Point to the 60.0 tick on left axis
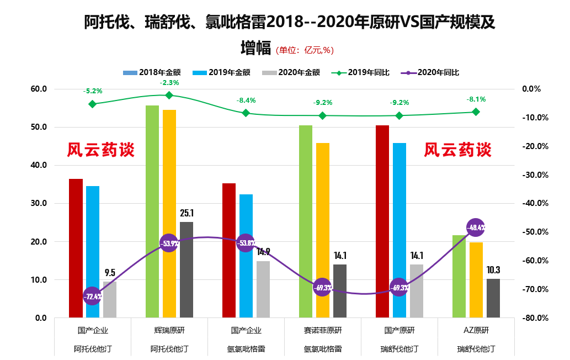pos(39,89)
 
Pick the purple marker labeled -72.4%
pos(92,297)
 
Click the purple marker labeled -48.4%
pos(476,227)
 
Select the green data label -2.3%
pos(169,83)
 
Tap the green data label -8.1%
pos(476,100)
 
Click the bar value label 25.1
pos(187,213)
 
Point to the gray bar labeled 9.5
pos(110,299)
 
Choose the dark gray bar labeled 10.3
pos(493,298)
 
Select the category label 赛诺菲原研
pos(323,331)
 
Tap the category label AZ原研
pos(476,331)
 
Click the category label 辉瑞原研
pos(169,331)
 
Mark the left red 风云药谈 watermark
pos(101,150)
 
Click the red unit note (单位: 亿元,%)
pos(305,50)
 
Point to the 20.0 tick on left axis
pos(39,242)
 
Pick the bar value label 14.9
pos(263,252)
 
